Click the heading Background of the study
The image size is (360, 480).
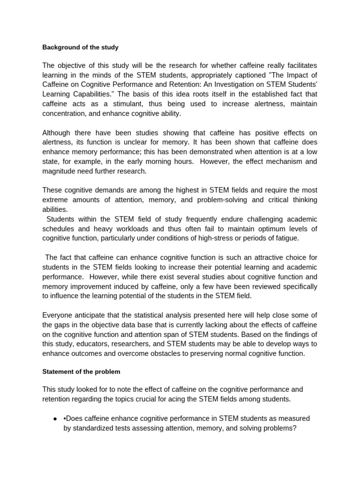coord(80,47)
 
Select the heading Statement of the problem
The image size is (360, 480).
coord(81,372)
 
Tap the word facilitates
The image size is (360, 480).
coord(298,65)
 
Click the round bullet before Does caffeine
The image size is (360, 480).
coord(55,418)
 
